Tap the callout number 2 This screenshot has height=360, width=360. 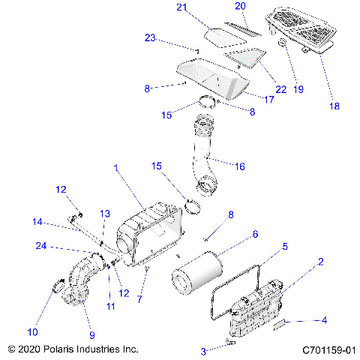pyautogui.click(x=321, y=262)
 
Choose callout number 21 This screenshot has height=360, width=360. pyautogui.click(x=181, y=7)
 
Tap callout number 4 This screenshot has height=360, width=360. pyautogui.click(x=323, y=321)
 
